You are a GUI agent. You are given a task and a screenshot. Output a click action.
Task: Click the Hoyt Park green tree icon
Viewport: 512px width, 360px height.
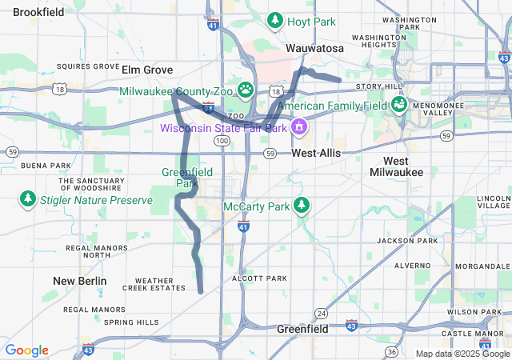pyautogui.click(x=275, y=21)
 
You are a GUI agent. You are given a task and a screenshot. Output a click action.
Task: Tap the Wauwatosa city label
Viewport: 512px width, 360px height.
pyautogui.click(x=314, y=49)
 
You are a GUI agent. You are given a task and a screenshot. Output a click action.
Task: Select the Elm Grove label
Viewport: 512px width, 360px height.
pyautogui.click(x=147, y=70)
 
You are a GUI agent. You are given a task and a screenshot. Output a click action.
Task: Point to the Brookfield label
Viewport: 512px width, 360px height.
pyautogui.click(x=38, y=12)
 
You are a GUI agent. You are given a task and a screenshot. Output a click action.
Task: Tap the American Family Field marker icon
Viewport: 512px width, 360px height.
pyautogui.click(x=398, y=105)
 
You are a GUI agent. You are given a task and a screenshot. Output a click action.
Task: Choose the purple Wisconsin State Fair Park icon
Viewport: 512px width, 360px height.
pyautogui.click(x=299, y=127)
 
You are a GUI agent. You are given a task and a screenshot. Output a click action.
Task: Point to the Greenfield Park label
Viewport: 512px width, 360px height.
pyautogui.click(x=180, y=178)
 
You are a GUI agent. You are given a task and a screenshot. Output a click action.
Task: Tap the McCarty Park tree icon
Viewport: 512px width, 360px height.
pyautogui.click(x=302, y=206)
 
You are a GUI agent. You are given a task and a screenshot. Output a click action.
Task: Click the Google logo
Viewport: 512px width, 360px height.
pyautogui.click(x=27, y=350)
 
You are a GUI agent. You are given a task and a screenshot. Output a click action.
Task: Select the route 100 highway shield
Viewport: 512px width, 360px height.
pyautogui.click(x=222, y=141)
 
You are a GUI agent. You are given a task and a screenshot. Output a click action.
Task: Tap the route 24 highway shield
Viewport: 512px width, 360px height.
pyautogui.click(x=321, y=312)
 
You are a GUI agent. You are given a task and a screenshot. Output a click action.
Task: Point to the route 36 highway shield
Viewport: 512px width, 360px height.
pyautogui.click(x=391, y=352)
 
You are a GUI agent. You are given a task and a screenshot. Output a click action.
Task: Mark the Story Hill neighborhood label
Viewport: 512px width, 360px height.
pyautogui.click(x=380, y=86)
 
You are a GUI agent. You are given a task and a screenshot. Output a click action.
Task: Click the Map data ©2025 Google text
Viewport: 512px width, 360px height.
pyautogui.click(x=462, y=354)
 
